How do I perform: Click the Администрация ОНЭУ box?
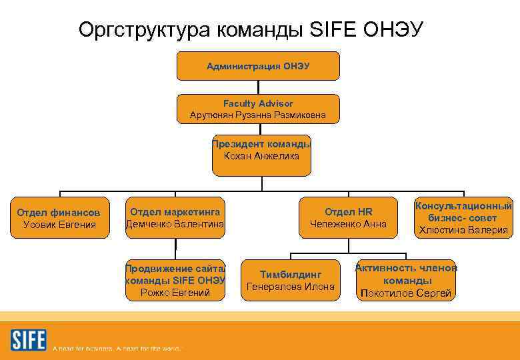pyautogui.click(x=258, y=66)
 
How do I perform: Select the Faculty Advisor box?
pyautogui.click(x=258, y=109)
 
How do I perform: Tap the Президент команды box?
pyautogui.click(x=261, y=150)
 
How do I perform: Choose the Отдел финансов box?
pyautogui.click(x=59, y=218)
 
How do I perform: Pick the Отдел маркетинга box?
pyautogui.click(x=175, y=218)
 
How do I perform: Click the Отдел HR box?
pyautogui.click(x=348, y=218)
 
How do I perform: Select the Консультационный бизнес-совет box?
pyautogui.click(x=463, y=218)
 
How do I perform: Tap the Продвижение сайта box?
pyautogui.click(x=175, y=279)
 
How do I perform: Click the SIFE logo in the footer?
pyautogui.click(x=28, y=340)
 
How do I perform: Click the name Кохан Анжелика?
pyautogui.click(x=261, y=156)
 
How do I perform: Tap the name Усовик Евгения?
pyautogui.click(x=59, y=225)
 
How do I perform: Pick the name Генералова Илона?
pyautogui.click(x=290, y=287)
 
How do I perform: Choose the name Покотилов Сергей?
pyautogui.click(x=405, y=293)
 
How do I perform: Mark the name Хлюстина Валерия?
pyautogui.click(x=463, y=231)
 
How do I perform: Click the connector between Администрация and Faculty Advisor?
pyautogui.click(x=258, y=87)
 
